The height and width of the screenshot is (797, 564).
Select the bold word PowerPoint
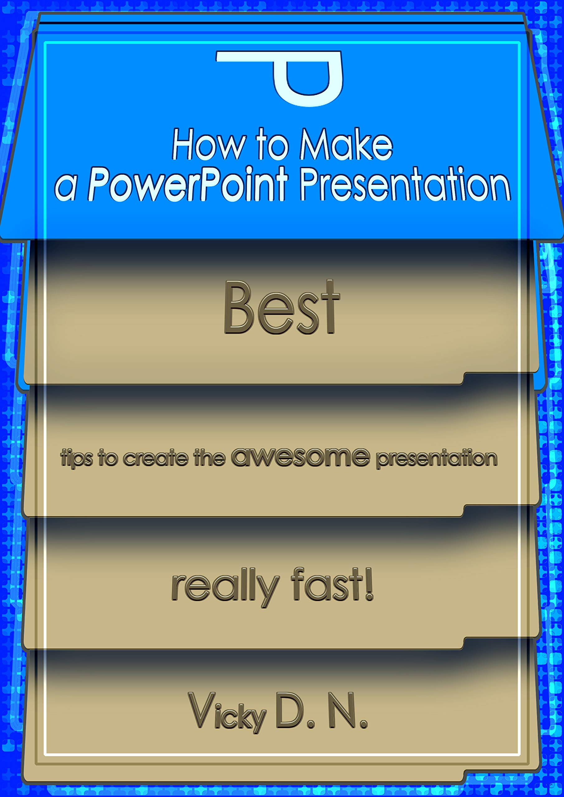click(x=188, y=185)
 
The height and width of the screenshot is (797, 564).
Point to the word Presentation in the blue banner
click(x=405, y=184)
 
